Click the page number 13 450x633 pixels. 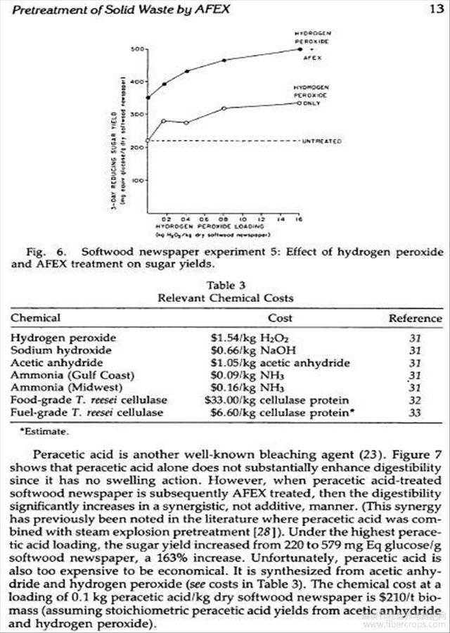point(435,8)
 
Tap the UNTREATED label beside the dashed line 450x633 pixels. point(322,141)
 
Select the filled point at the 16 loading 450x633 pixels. point(300,49)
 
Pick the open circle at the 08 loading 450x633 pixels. point(224,108)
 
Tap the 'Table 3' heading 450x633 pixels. point(226,286)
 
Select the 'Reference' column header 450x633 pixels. point(415,319)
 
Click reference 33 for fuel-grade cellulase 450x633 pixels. point(415,413)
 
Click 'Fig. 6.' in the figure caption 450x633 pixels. point(47,252)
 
